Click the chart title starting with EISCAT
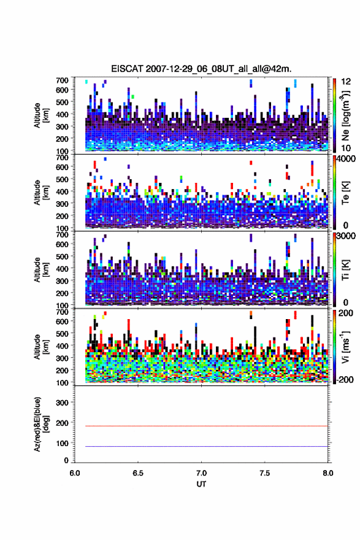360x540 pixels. coord(201,69)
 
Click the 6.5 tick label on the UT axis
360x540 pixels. coord(137,473)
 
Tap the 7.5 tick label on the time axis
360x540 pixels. coord(265,473)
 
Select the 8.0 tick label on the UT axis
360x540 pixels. coord(328,473)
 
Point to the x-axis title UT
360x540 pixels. coord(201,484)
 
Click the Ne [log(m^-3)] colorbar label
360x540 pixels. coord(346,116)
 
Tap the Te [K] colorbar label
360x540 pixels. coord(345,193)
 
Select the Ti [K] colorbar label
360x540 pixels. coord(345,270)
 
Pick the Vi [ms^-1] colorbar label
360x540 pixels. coord(345,347)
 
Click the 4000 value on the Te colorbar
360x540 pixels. coord(345,160)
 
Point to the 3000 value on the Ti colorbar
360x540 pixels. coord(345,236)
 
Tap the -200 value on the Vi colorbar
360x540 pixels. coord(344,379)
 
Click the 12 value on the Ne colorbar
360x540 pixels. coord(346,82)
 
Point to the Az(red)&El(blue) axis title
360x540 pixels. coord(40,424)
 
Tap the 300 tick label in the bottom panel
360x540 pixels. coord(63,403)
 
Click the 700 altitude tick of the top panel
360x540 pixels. coord(63,80)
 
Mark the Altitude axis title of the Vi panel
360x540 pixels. coord(40,347)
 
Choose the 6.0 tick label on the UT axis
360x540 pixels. coord(74,473)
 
